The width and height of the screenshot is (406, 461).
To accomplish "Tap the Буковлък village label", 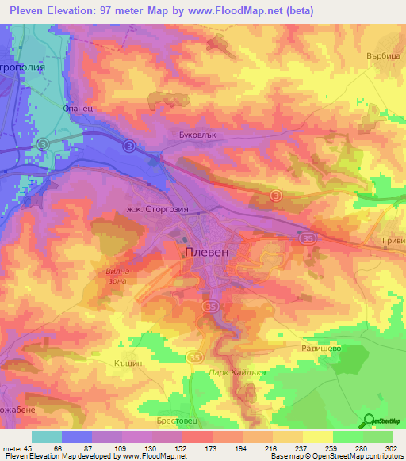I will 193,135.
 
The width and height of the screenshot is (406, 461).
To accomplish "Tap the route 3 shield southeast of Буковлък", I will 274,195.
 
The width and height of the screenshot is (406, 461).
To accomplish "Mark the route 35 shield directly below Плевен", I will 210,307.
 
